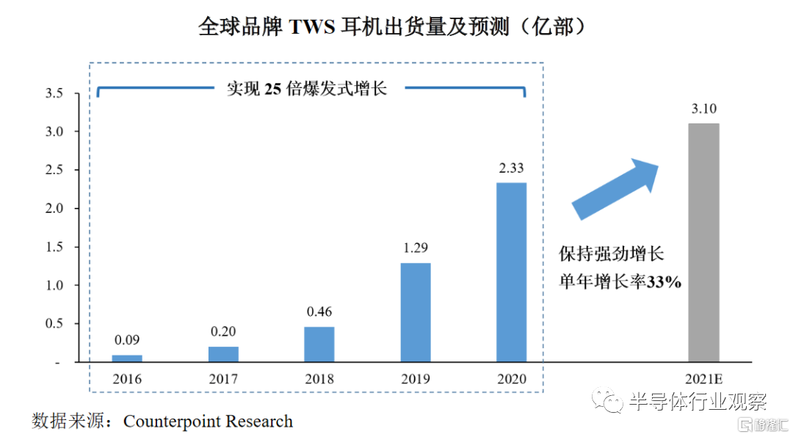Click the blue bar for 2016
click(127, 358)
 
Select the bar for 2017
click(223, 354)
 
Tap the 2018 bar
click(319, 344)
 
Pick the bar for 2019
click(416, 312)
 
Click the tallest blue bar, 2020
click(512, 272)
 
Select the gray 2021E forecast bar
click(703, 242)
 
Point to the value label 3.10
click(703, 109)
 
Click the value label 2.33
click(512, 168)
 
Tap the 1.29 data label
click(416, 248)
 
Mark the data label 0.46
click(319, 312)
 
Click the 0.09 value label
click(127, 340)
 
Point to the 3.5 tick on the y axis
click(54, 93)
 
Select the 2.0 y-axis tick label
click(54, 209)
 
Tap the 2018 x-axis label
click(319, 379)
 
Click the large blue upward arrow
click(615, 187)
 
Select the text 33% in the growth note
click(665, 282)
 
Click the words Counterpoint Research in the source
click(208, 422)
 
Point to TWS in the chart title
click(313, 27)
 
